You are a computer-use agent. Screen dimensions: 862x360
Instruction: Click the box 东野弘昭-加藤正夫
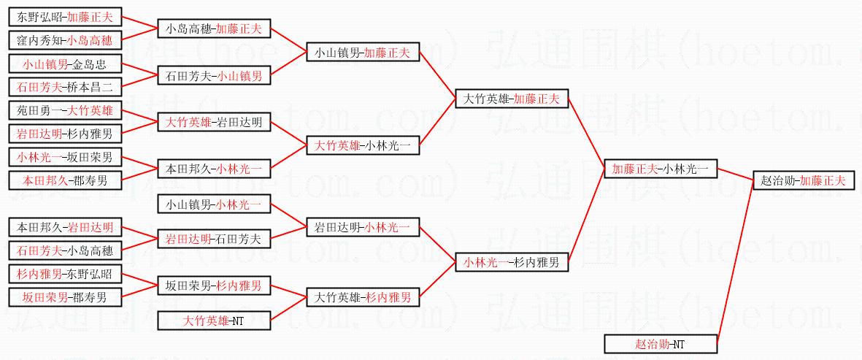point(65,16)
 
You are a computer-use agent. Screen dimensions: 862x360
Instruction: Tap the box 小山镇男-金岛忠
point(65,64)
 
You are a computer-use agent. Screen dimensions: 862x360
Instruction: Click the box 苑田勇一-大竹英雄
point(65,112)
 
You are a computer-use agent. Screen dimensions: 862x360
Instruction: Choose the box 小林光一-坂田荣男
point(65,156)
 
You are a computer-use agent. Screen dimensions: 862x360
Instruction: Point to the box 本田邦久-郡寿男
point(65,180)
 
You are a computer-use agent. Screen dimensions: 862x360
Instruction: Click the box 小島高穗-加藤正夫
point(215,28)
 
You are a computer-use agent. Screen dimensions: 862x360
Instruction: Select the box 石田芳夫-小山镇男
point(215,74)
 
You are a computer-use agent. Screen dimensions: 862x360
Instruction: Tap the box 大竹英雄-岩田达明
point(215,123)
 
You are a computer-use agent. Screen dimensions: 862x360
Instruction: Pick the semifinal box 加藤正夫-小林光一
point(660,169)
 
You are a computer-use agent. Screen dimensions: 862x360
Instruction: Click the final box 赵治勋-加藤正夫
point(804,180)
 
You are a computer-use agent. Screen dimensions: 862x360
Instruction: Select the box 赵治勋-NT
point(660,344)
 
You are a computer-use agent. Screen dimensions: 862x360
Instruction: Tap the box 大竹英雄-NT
point(215,320)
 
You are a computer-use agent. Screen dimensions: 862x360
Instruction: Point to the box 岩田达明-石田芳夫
point(215,238)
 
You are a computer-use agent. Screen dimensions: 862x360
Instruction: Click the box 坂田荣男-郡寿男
point(65,297)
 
